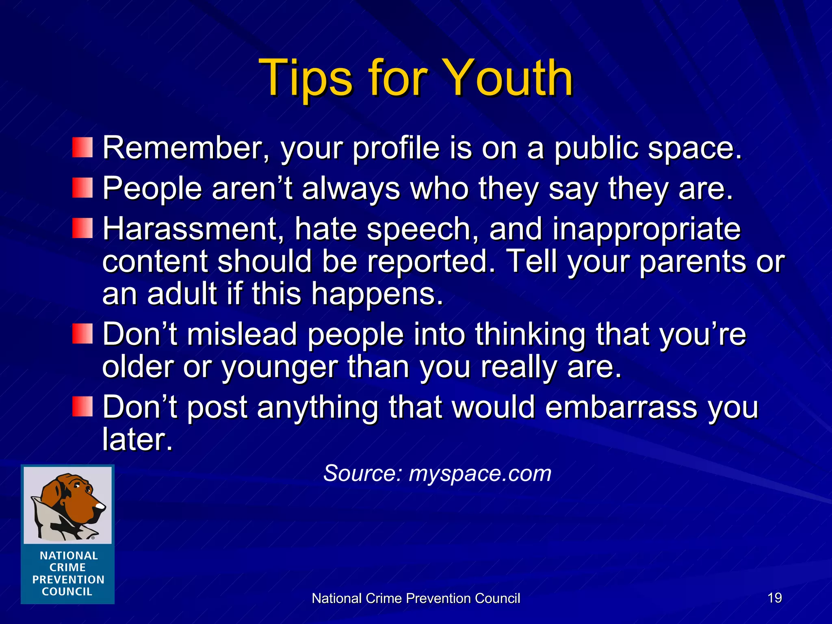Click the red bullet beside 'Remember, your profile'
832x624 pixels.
82,147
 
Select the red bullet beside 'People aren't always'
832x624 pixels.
82,188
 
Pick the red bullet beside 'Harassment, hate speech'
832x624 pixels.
82,228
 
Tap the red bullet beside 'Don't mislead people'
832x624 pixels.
82,334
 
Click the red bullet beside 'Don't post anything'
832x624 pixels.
82,407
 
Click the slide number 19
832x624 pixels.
775,598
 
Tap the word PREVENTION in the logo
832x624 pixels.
68,579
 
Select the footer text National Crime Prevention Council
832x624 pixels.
416,598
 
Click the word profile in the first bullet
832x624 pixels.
396,149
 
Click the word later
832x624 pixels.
137,440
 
